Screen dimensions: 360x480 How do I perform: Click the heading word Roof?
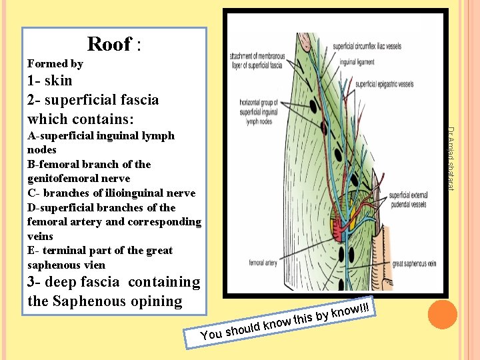tap(109, 44)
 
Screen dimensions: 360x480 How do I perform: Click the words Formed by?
tap(55, 64)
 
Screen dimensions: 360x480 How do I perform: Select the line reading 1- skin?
tap(49, 81)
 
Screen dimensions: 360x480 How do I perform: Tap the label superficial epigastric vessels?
tap(384, 85)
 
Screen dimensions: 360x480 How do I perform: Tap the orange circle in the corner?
tap(441, 314)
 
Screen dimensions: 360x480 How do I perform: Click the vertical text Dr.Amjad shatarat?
tap(451, 158)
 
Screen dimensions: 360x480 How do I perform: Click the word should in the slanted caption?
tap(241, 328)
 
